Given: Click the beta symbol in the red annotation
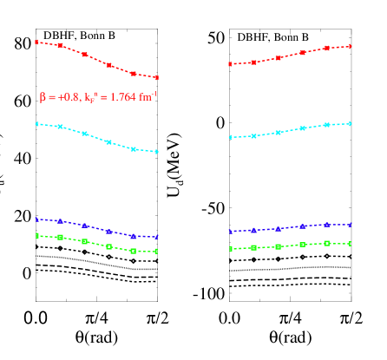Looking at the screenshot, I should point(43,98).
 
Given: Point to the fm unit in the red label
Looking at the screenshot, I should point(145,97).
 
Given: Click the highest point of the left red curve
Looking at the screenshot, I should point(36,42).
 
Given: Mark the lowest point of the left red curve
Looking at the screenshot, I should point(157,77).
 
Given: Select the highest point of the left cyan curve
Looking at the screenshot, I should point(36,124).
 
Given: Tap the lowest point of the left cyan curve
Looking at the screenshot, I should point(157,152).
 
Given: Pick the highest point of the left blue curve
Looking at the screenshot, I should point(36,219).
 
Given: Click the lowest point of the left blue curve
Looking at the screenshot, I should point(157,237).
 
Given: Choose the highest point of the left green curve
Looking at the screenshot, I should point(36,235).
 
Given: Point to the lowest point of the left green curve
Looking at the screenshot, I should point(157,252).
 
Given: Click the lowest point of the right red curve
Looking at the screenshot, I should point(230,64).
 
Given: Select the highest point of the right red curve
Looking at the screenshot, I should point(351,46).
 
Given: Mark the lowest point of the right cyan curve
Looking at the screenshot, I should point(230,137).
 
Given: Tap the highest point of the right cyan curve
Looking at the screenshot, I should point(351,123).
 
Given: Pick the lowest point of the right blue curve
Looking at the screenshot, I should point(230,232).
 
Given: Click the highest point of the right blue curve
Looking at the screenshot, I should point(351,224).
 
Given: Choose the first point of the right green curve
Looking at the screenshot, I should point(230,249).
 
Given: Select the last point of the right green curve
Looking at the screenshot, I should point(351,244).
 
